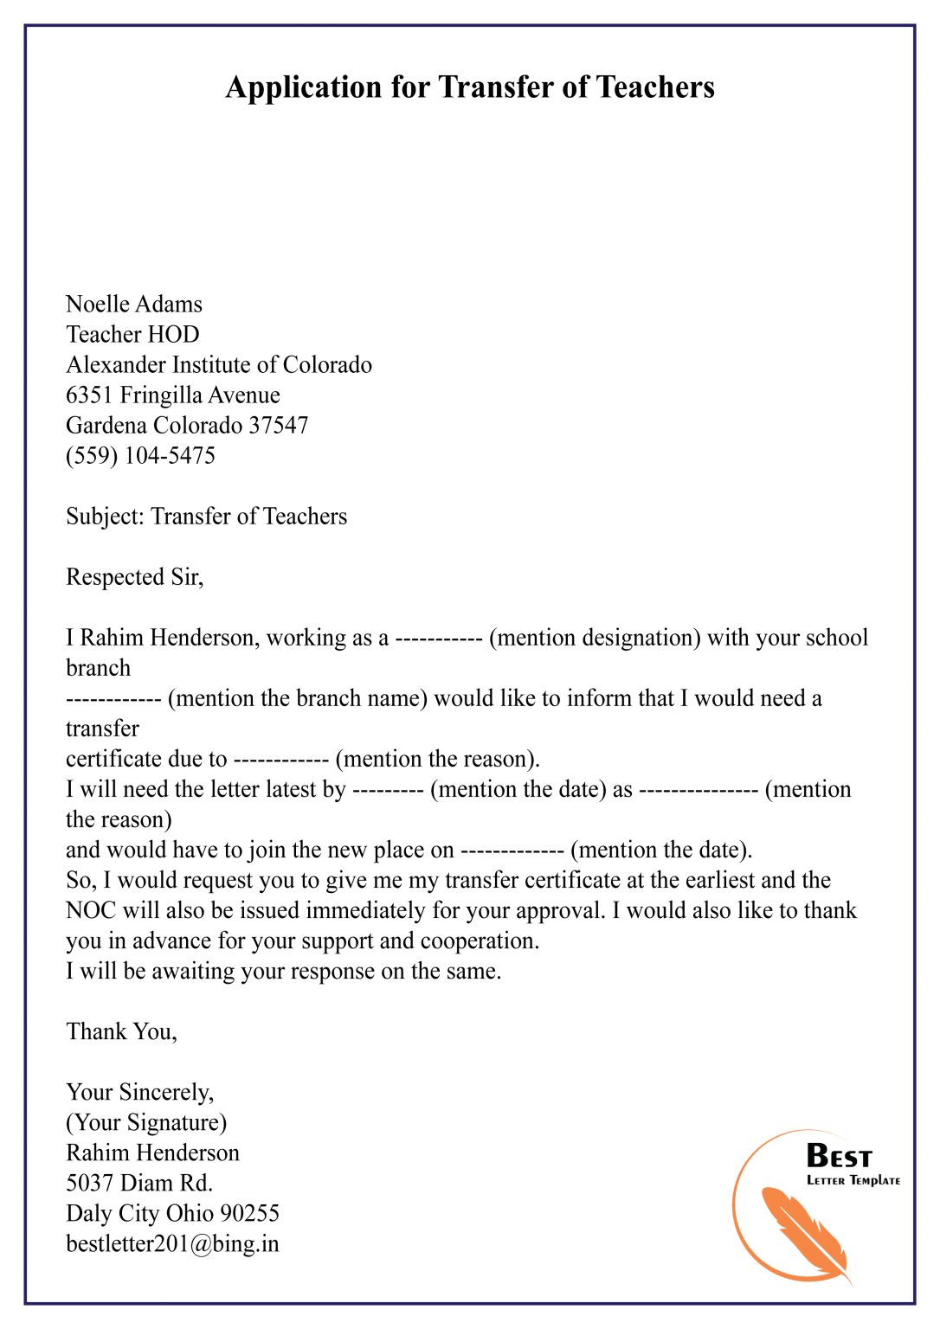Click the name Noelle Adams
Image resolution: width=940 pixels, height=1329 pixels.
134,305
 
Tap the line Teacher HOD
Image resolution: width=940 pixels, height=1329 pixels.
132,335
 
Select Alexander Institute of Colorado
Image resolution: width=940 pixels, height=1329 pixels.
219,365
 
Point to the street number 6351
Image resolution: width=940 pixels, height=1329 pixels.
89,395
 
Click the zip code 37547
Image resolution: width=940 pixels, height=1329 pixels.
279,426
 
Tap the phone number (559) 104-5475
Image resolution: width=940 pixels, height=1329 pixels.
140,456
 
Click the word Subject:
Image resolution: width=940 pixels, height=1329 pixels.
105,517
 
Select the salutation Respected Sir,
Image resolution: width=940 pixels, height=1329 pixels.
134,577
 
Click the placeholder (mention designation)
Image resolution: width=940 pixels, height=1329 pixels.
595,639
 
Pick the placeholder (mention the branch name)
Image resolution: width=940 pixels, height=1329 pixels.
298,699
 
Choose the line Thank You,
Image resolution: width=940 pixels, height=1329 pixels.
121,1032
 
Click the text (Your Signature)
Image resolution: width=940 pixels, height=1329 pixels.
146,1123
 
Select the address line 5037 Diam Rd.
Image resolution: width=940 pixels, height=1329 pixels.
139,1184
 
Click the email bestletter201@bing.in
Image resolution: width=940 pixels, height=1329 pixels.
172,1244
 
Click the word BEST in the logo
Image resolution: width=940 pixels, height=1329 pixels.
839,1157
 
